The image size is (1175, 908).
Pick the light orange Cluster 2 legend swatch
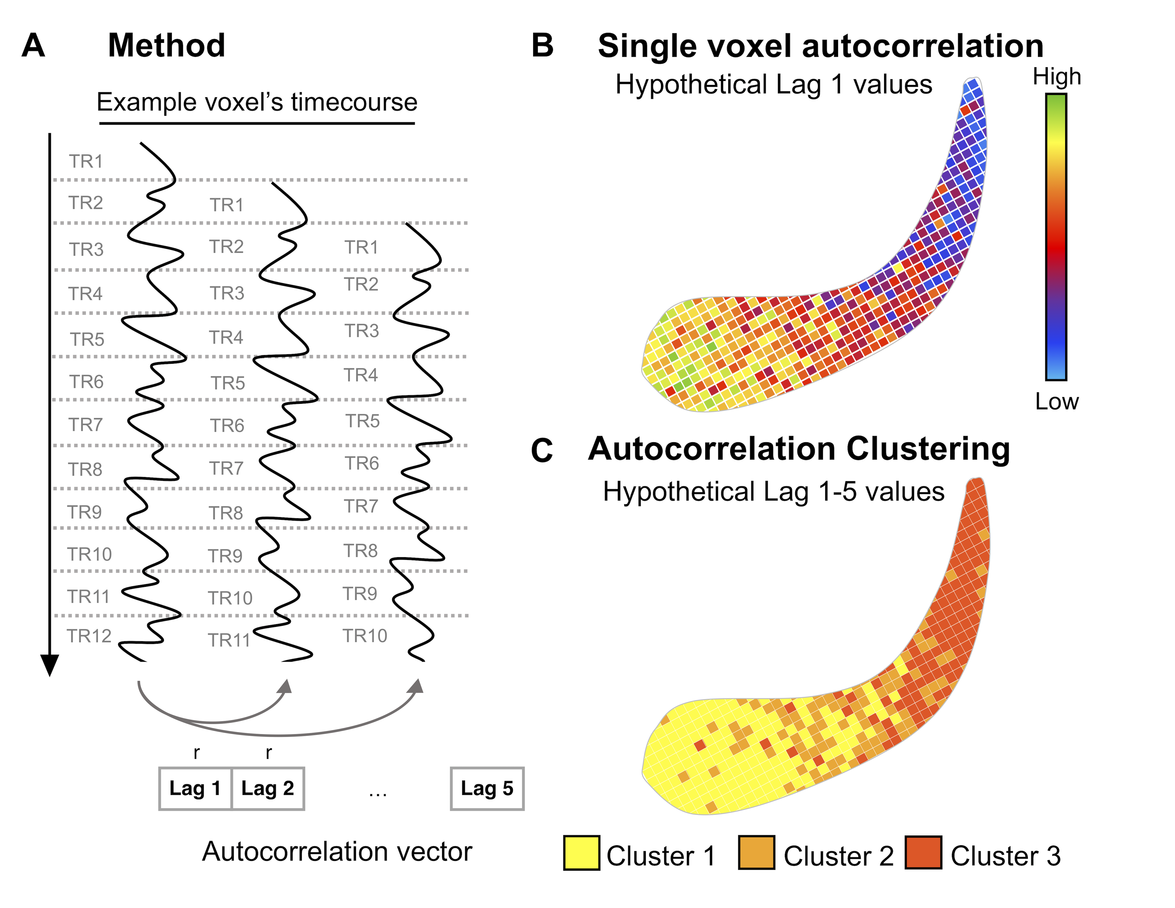pos(757,853)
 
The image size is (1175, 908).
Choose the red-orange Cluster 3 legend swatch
pos(923,853)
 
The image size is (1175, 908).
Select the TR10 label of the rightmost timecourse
pos(365,636)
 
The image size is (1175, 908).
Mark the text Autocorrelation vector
pos(337,851)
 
